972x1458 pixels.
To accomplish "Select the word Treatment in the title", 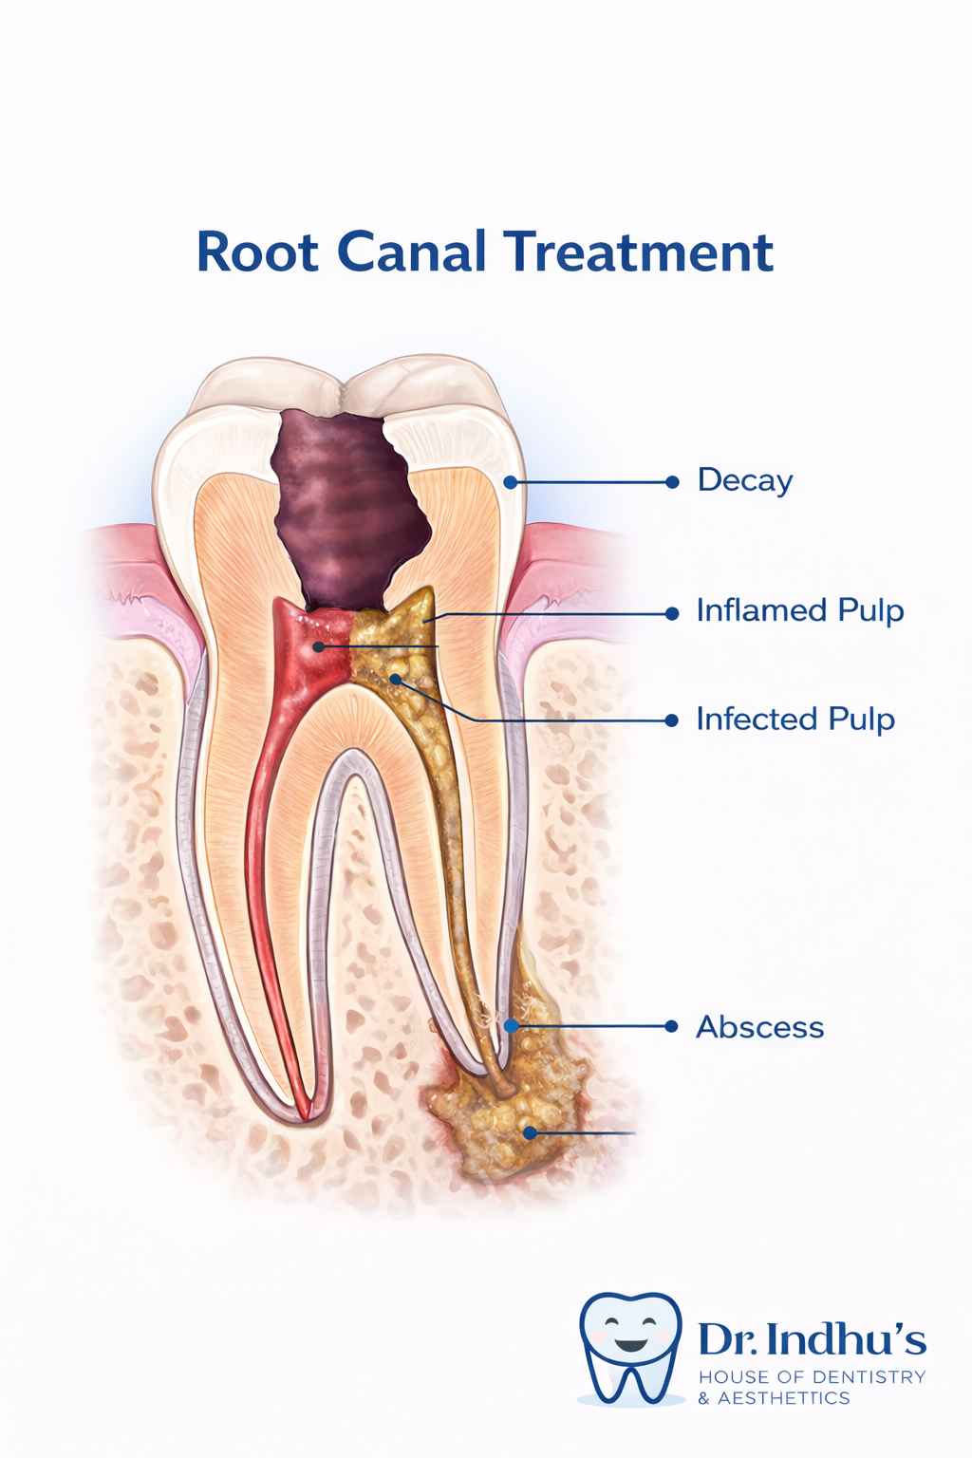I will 636,252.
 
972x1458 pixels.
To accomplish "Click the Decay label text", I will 744,480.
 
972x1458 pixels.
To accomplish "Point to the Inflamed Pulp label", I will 799,610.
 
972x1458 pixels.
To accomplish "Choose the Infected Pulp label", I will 795,719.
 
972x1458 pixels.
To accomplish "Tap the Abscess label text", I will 759,1027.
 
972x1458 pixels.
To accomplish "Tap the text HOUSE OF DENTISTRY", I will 811,1377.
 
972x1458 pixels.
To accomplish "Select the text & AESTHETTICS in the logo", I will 774,1398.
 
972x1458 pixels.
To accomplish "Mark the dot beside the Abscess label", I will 672,1026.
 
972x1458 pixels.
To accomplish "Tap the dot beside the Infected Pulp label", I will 672,720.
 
